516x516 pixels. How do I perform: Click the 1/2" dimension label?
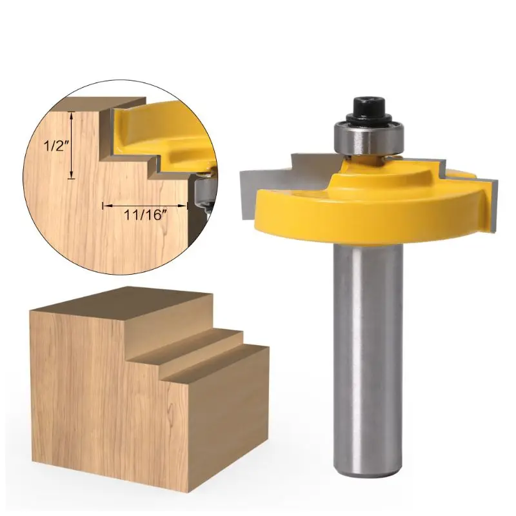(x=55, y=146)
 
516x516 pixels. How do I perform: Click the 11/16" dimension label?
(x=143, y=215)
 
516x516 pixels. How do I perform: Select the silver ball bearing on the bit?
(x=369, y=137)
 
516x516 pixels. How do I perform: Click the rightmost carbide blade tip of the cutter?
(x=491, y=204)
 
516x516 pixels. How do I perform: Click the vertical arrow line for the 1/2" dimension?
(x=72, y=145)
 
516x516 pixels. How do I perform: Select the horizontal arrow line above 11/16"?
(x=145, y=206)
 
